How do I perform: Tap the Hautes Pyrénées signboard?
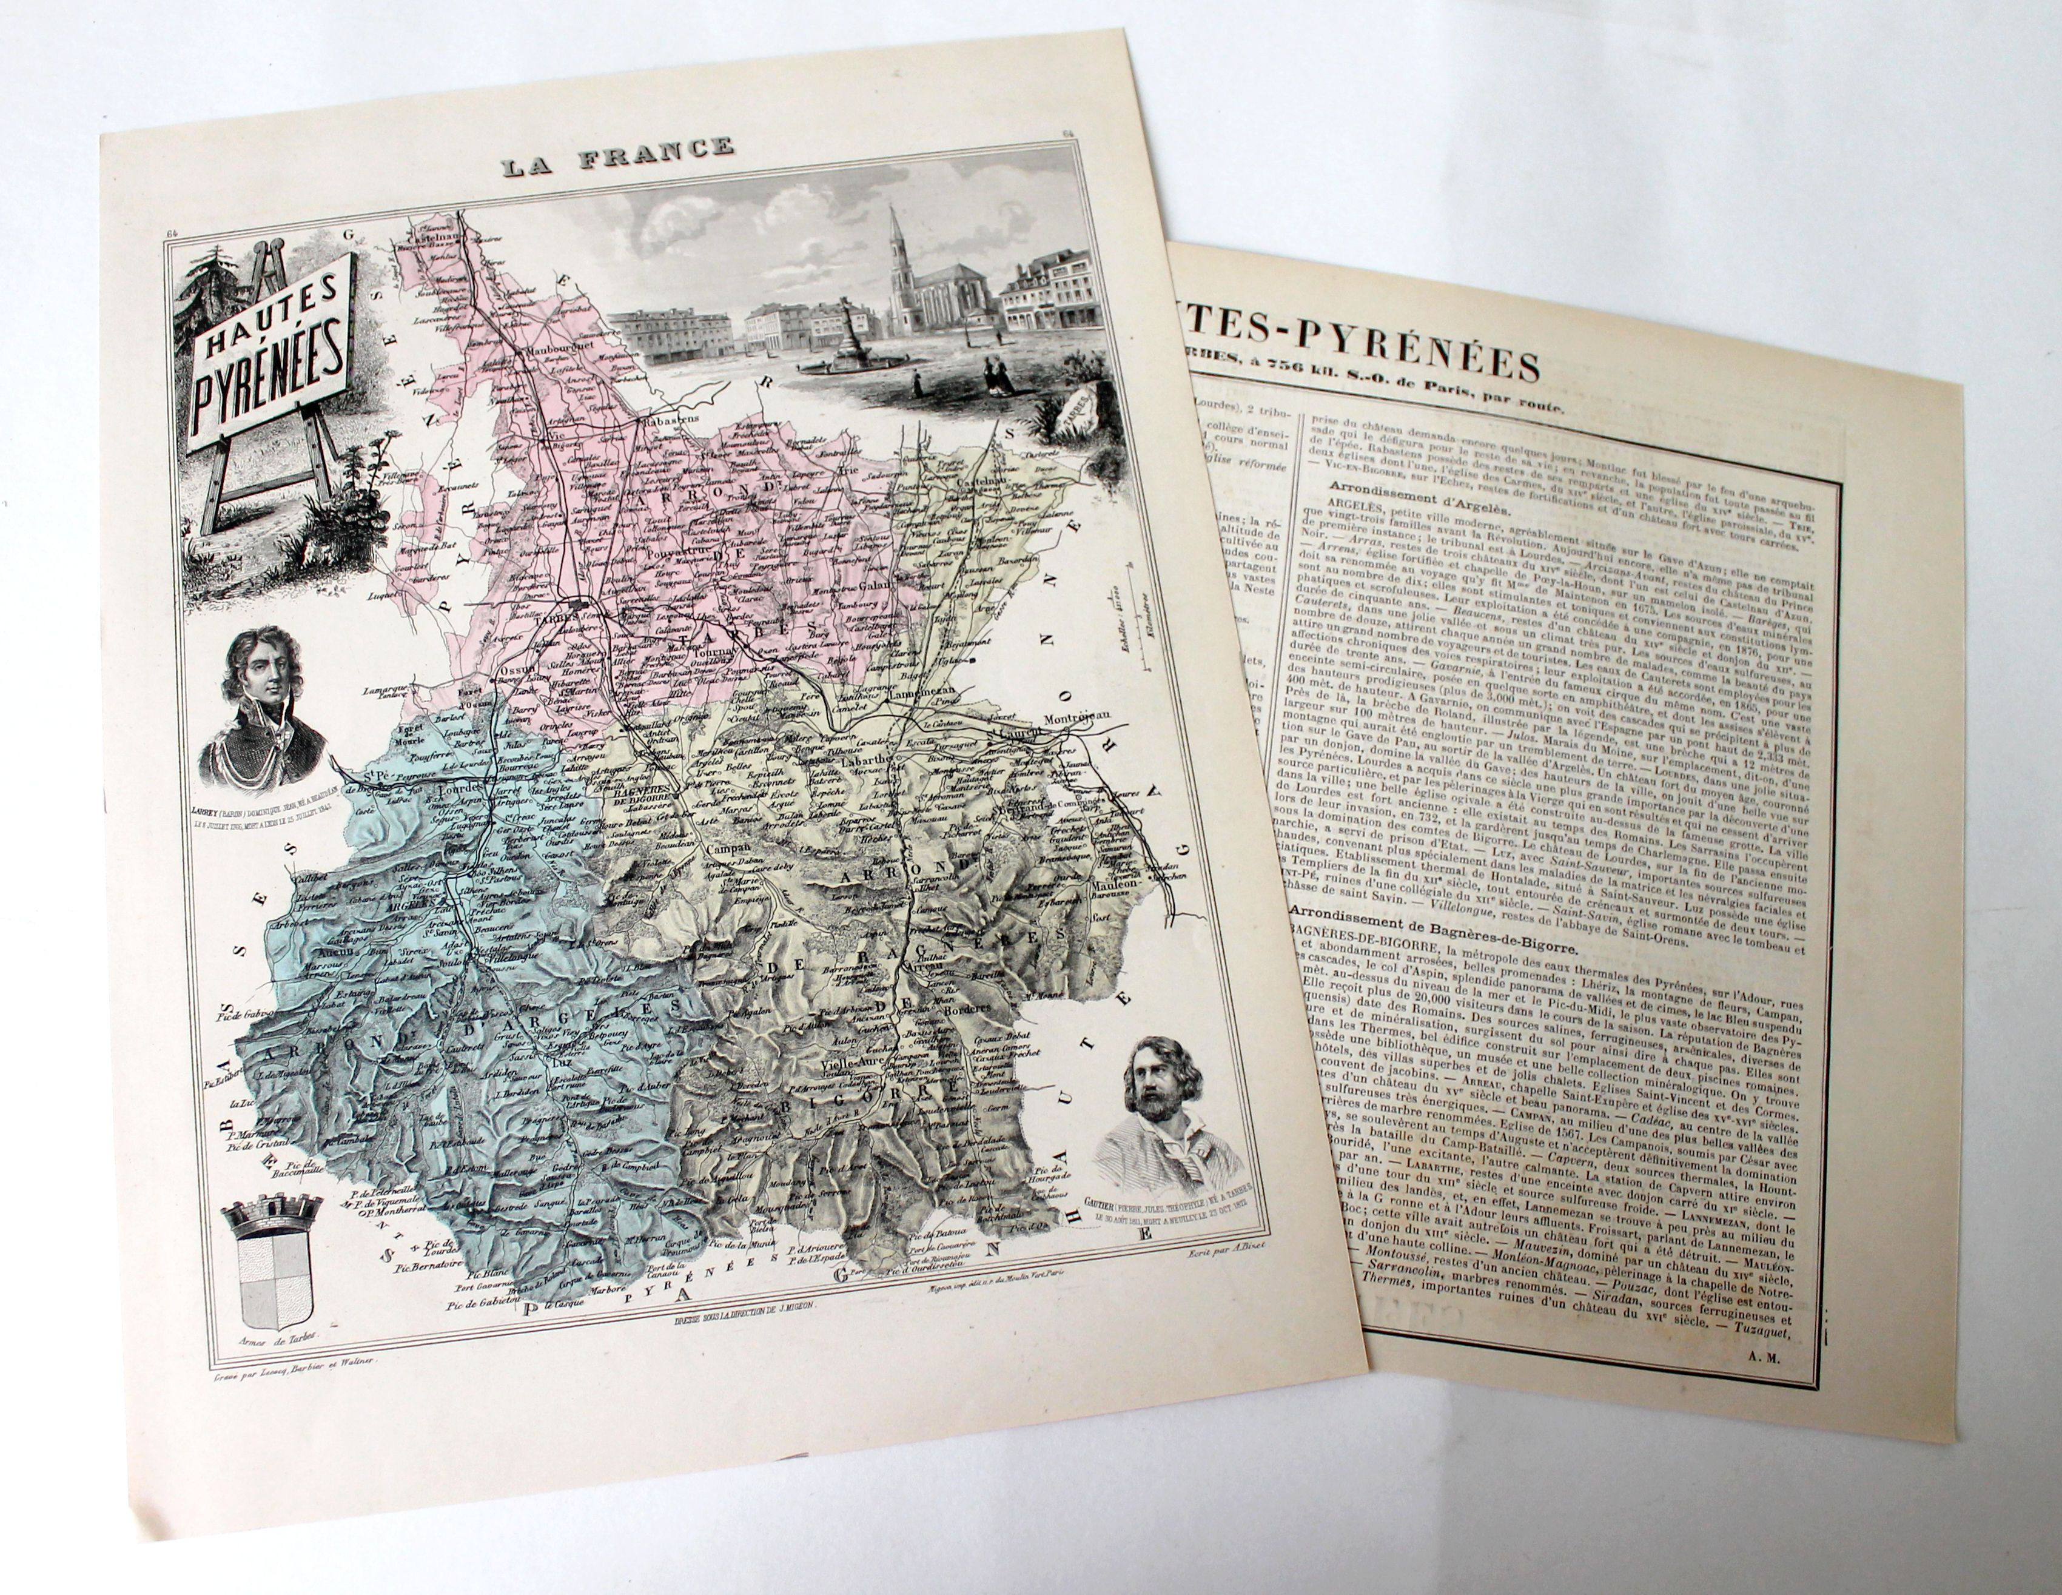click(267, 352)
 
